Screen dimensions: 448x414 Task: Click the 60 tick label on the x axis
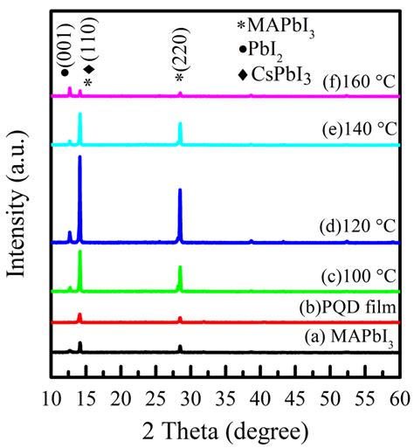coord(399,398)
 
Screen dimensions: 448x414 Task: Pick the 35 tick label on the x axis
coord(225,398)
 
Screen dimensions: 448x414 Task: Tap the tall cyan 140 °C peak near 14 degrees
coord(80,115)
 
